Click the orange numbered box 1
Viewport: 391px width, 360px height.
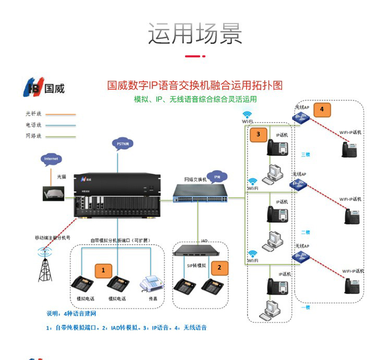point(103,270)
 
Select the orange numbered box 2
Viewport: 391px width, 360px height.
point(219,267)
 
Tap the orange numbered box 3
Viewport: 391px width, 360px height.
point(258,134)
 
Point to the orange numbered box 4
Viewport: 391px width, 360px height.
point(322,109)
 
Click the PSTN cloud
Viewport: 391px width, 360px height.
point(123,143)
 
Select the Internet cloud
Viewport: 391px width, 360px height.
point(51,159)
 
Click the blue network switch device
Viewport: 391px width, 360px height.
point(201,194)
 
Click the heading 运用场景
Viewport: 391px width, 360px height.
point(195,34)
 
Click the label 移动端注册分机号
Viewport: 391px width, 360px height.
point(52,237)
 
